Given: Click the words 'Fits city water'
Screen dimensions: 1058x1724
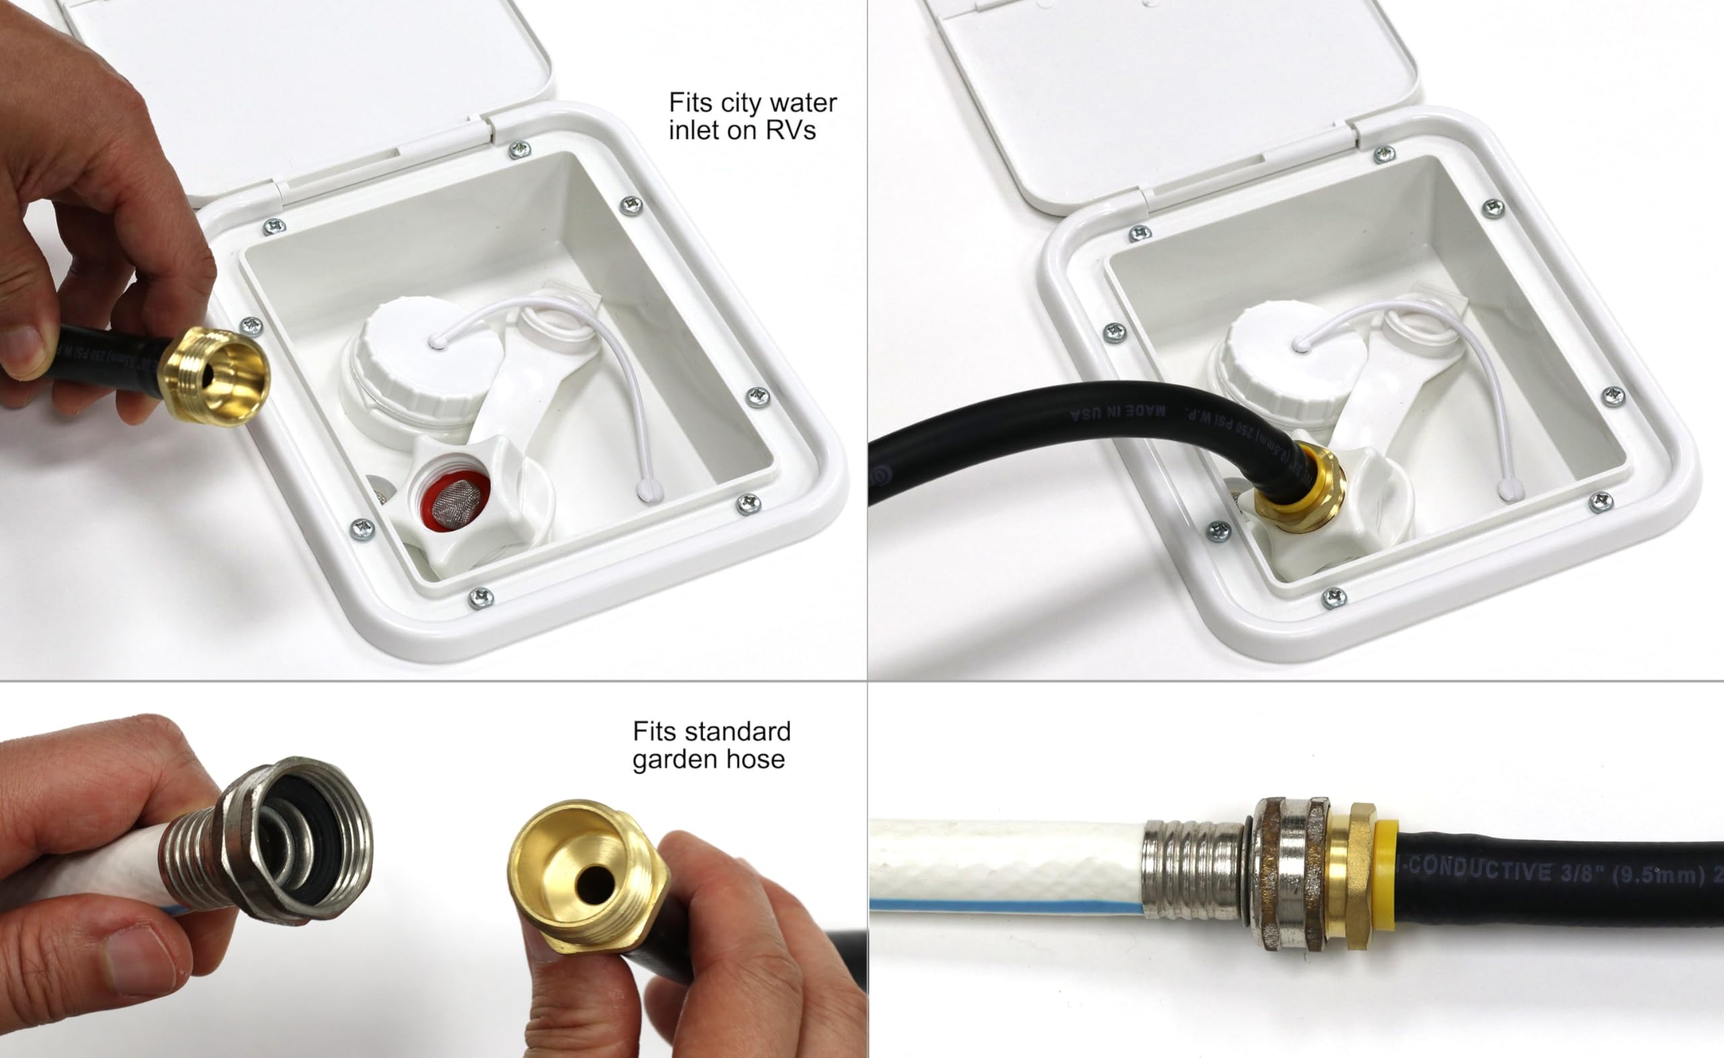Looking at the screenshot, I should (x=752, y=103).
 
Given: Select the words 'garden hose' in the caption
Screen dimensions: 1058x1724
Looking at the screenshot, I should (x=708, y=759).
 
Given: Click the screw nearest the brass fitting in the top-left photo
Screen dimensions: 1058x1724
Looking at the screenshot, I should (x=251, y=326).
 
